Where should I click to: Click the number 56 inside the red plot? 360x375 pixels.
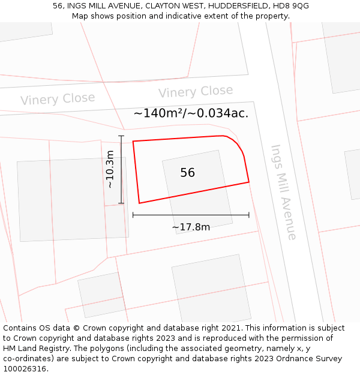(187, 173)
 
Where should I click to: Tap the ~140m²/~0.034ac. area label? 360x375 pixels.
(191, 113)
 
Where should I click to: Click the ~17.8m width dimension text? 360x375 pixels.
(191, 227)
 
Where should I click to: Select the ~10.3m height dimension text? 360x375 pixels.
(110, 169)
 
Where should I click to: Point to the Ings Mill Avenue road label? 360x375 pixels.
(283, 192)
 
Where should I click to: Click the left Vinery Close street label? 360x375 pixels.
(58, 99)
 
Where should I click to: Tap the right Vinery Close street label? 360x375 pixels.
(196, 92)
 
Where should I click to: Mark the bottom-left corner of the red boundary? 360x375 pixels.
(139, 203)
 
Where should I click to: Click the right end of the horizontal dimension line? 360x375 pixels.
(248, 215)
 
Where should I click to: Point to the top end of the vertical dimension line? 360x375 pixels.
(121, 136)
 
